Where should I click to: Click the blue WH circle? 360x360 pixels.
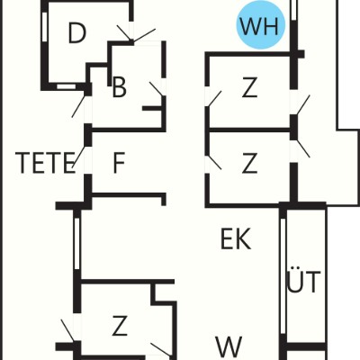tap(260, 25)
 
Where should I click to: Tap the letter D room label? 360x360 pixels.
tap(77, 32)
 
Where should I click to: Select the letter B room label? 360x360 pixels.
tap(119, 87)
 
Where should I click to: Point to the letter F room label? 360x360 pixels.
tap(119, 163)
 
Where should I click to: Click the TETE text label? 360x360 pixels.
tap(45, 163)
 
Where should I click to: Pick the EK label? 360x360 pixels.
tap(236, 239)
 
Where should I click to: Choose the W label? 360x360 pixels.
tap(229, 346)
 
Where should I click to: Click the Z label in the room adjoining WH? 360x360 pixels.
tap(249, 87)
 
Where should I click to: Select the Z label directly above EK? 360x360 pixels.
tap(249, 163)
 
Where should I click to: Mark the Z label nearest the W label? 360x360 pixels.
tap(120, 326)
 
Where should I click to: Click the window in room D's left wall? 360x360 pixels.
tap(45, 27)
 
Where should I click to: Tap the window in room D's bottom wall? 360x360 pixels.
tap(67, 86)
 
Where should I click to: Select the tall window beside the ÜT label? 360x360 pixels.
tap(283, 276)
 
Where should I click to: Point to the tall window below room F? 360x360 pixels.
tap(77, 244)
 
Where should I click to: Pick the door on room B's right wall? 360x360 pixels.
tap(157, 89)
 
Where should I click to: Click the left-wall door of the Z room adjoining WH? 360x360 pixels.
tap(214, 99)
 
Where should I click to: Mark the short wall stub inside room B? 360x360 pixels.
tap(152, 108)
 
